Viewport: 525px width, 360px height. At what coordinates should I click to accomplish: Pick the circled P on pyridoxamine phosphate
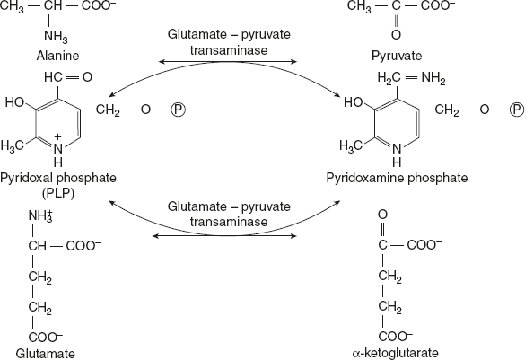click(x=515, y=110)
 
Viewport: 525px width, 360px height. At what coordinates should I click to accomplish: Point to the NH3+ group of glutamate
click(x=40, y=215)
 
